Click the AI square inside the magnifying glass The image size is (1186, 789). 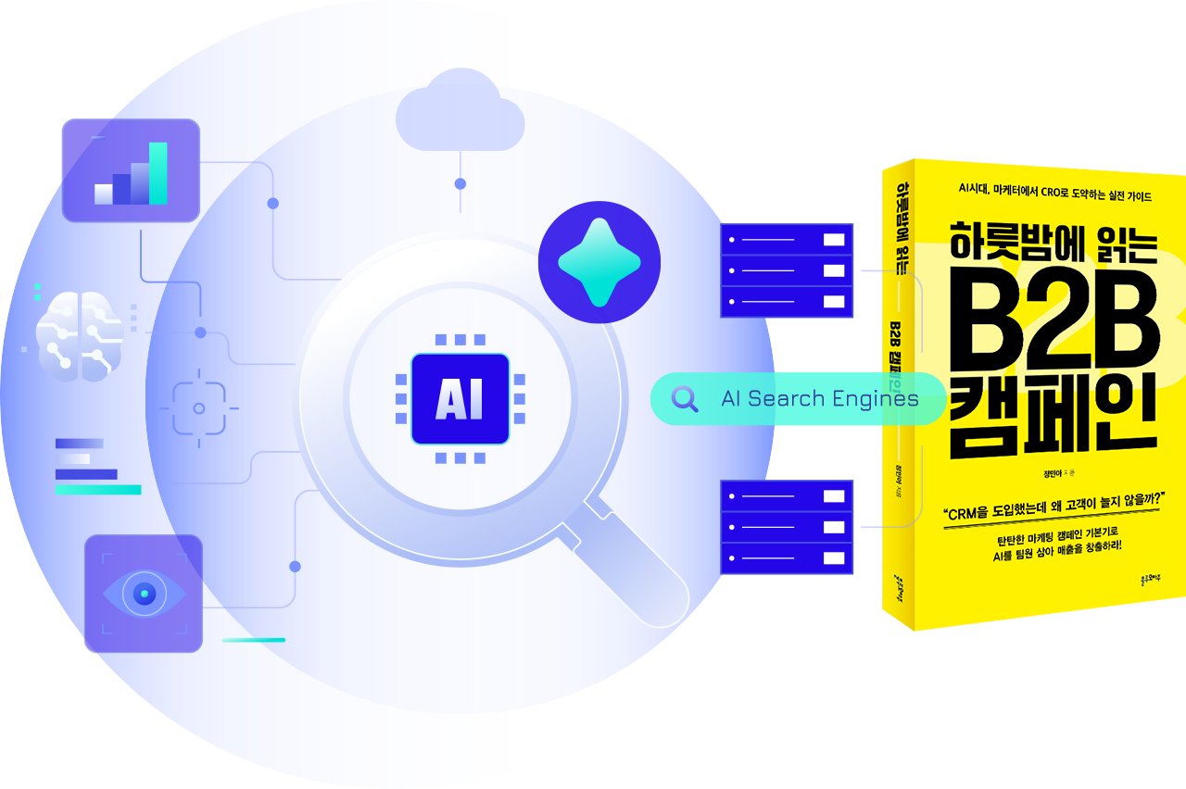click(461, 399)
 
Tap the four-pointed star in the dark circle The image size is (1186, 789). click(599, 262)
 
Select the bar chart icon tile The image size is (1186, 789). click(131, 170)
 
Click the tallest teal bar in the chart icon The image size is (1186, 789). click(158, 173)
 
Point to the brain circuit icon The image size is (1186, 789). click(80, 334)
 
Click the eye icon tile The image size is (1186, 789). click(144, 593)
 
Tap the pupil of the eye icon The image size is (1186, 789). click(144, 594)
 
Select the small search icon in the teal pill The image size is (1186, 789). click(685, 399)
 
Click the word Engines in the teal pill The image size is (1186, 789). click(875, 399)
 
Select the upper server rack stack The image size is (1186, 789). click(787, 270)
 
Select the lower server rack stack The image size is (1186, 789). click(787, 527)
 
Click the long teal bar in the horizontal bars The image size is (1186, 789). click(98, 489)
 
